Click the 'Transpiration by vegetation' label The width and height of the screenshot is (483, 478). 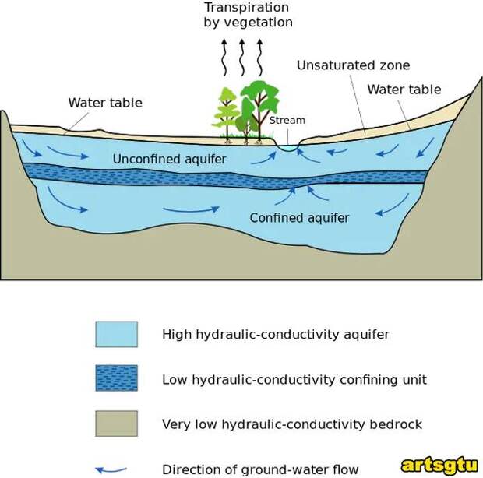click(x=248, y=15)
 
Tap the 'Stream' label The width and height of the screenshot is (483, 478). click(x=287, y=121)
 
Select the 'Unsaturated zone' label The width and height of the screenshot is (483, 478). click(x=353, y=65)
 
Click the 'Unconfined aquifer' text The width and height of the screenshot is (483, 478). click(x=169, y=160)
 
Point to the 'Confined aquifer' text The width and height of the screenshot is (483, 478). click(x=299, y=218)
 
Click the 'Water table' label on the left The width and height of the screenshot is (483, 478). click(x=105, y=103)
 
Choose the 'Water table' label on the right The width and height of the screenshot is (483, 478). click(x=404, y=90)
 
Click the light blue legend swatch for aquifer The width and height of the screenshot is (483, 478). click(x=116, y=334)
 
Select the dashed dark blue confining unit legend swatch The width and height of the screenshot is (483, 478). click(x=116, y=378)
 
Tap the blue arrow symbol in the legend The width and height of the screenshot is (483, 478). click(x=110, y=469)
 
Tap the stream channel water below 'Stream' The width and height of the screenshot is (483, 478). click(x=288, y=146)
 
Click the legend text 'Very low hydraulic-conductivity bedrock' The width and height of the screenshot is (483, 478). click(x=292, y=424)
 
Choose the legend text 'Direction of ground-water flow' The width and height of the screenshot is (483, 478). click(x=260, y=469)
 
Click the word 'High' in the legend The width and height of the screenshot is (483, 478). click(x=177, y=335)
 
